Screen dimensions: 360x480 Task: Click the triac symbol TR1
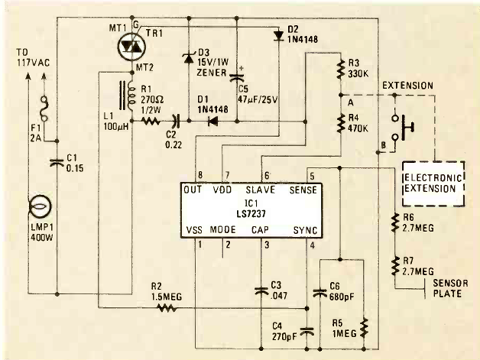(x=132, y=46)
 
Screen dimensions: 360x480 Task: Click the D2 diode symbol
(x=278, y=36)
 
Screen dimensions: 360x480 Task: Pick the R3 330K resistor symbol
(x=340, y=69)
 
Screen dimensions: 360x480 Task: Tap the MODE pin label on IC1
(x=223, y=229)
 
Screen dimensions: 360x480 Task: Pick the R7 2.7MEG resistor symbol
(x=394, y=266)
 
